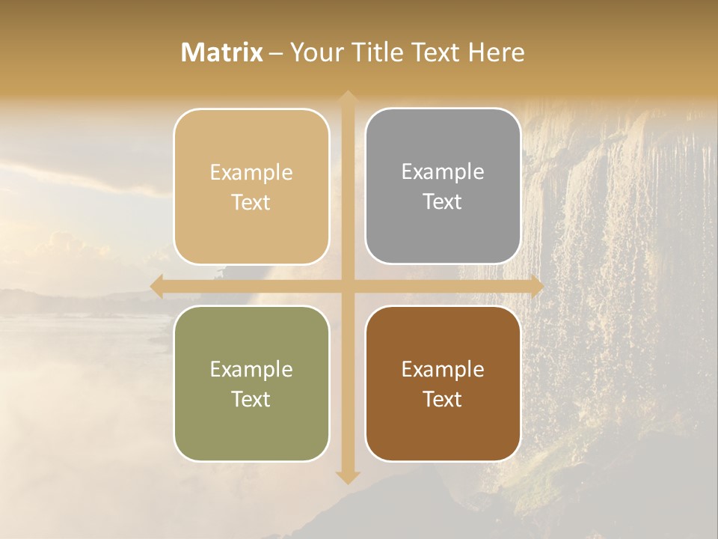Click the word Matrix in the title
222,52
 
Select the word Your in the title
315,52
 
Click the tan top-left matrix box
251,186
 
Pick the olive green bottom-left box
251,383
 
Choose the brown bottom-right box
443,383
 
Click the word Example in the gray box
443,172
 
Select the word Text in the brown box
443,399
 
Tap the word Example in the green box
251,369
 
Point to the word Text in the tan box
251,203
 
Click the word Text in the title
434,52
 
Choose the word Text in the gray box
443,202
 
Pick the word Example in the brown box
443,369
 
